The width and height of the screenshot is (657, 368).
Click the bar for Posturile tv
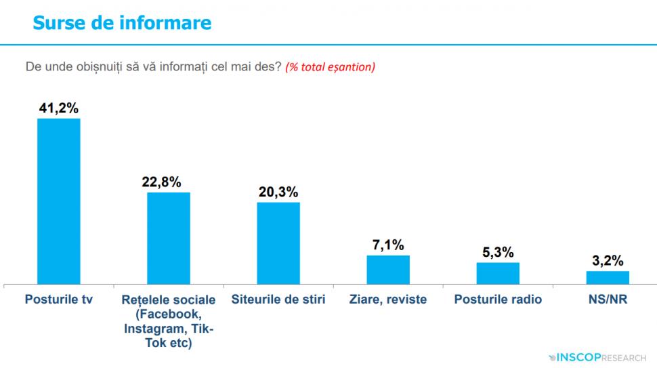[x=58, y=201]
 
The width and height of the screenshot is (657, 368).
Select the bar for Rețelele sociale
[x=169, y=238]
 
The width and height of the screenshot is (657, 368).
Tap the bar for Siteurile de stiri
[x=278, y=243]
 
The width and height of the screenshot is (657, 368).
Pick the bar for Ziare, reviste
[x=388, y=269]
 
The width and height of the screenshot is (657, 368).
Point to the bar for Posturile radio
[x=498, y=273]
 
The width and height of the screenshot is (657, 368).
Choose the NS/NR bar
[x=608, y=277]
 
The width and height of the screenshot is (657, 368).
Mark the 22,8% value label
[x=169, y=181]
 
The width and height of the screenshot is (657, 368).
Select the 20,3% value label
[x=278, y=191]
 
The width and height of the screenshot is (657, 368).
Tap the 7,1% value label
[x=388, y=244]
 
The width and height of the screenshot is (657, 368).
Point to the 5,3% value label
[x=498, y=251]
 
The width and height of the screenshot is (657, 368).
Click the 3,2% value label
[x=608, y=260]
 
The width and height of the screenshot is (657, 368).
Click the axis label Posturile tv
[x=58, y=299]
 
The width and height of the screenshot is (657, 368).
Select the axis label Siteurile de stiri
[x=278, y=299]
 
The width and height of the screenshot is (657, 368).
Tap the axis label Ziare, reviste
[x=388, y=299]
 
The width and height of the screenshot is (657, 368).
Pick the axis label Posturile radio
[x=498, y=299]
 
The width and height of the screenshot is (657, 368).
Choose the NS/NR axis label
[x=608, y=299]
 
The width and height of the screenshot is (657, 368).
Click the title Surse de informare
[x=122, y=23]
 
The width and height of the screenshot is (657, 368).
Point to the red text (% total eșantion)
[x=331, y=67]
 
